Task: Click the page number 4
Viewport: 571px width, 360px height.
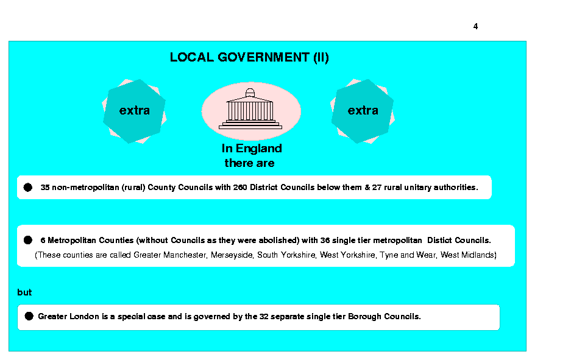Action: pyautogui.click(x=475, y=26)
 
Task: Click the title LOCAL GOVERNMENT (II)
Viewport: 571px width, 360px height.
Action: pyautogui.click(x=249, y=58)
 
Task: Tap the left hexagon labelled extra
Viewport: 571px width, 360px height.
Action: pyautogui.click(x=134, y=111)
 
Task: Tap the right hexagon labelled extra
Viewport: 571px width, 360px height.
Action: pyautogui.click(x=363, y=111)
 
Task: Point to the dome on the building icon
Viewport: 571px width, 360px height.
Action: pyautogui.click(x=250, y=93)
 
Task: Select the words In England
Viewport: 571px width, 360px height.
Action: pyautogui.click(x=252, y=149)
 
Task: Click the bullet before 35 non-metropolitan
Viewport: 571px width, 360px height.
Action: pyautogui.click(x=28, y=188)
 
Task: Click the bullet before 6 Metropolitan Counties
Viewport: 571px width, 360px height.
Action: pyautogui.click(x=28, y=240)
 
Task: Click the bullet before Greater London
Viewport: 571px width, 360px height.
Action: pyautogui.click(x=29, y=316)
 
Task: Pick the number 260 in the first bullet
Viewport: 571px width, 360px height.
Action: pyautogui.click(x=240, y=188)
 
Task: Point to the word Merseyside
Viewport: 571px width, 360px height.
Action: pyautogui.click(x=232, y=255)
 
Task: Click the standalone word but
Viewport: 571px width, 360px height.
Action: pyautogui.click(x=24, y=292)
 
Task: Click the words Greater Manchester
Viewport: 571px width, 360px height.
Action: pyautogui.click(x=171, y=255)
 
